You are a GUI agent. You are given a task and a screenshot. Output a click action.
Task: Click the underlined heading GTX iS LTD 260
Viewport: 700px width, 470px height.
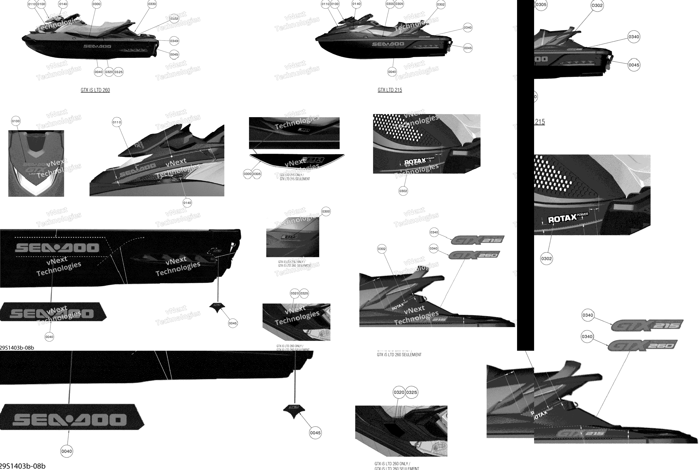pos(95,90)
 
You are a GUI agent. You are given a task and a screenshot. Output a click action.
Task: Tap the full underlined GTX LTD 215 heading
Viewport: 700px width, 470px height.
pos(390,90)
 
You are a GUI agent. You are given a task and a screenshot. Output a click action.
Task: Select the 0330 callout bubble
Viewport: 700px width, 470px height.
pos(152,4)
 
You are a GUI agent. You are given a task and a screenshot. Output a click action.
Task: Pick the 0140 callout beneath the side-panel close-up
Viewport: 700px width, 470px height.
pos(187,203)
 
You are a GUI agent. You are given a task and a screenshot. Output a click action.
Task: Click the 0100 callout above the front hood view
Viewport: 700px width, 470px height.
pos(16,121)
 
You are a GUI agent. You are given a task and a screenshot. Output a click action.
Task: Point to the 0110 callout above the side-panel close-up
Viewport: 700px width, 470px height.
pos(117,122)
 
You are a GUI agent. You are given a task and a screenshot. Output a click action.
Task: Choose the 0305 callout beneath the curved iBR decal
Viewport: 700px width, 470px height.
pos(257,174)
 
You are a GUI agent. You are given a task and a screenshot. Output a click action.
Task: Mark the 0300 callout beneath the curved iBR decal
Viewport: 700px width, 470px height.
pos(247,174)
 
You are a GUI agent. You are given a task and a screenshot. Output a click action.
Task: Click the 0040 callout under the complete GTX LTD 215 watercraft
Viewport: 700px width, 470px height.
pos(392,72)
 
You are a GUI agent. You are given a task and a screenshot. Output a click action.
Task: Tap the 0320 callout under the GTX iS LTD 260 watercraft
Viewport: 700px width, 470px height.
pos(109,72)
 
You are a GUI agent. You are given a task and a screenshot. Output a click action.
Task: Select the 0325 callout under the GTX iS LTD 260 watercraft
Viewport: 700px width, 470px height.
pos(119,72)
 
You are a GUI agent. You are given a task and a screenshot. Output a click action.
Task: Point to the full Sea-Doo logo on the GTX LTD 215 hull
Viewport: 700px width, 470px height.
pos(388,44)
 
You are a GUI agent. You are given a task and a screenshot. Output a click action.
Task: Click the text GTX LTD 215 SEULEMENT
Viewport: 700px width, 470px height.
pos(295,179)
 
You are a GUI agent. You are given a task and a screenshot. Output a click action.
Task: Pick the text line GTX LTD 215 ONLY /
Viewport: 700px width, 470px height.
pos(292,175)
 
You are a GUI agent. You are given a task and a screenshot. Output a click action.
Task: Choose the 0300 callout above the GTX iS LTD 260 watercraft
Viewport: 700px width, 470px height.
pos(96,4)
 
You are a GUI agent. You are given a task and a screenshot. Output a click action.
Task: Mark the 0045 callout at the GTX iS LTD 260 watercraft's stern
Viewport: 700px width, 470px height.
pos(174,55)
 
